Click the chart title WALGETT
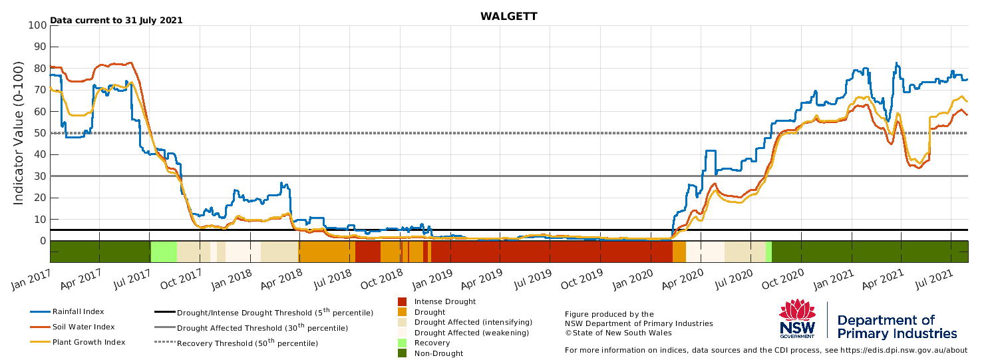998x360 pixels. click(x=509, y=17)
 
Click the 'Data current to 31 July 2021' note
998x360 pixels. click(x=116, y=20)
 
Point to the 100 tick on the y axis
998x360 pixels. click(x=37, y=25)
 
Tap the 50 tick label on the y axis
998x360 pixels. click(x=40, y=133)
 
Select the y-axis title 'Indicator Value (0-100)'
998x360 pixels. click(x=18, y=133)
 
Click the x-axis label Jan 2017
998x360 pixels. click(x=31, y=279)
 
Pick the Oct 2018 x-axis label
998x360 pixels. click(x=381, y=279)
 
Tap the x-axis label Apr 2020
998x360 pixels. click(x=683, y=279)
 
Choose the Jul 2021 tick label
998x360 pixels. click(x=934, y=279)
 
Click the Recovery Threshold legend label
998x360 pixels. click(x=248, y=343)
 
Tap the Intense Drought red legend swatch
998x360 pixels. click(x=403, y=301)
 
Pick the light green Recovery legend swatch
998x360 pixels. click(x=403, y=343)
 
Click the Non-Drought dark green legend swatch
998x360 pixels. click(x=403, y=353)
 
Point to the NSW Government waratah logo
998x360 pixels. click(x=797, y=319)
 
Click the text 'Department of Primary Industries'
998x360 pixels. click(x=897, y=327)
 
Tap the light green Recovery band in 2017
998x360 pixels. click(x=164, y=252)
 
